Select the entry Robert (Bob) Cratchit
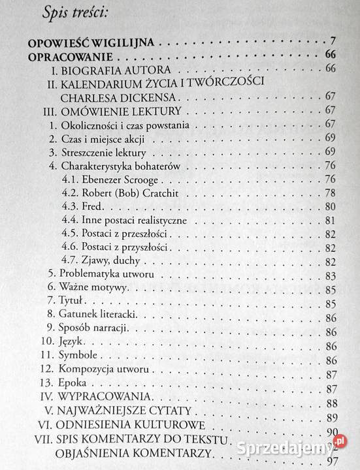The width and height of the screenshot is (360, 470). pyautogui.click(x=131, y=193)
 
